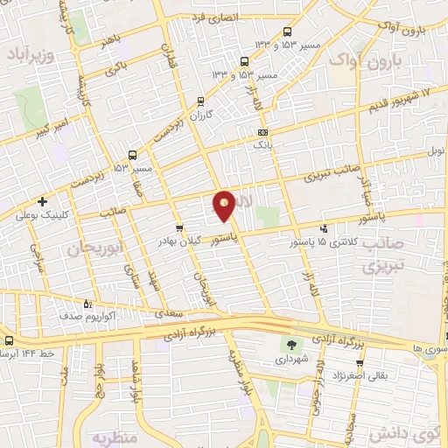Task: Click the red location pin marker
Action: pos(225,206)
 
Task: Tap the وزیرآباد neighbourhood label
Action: pos(31,54)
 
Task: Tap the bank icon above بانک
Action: pos(262,132)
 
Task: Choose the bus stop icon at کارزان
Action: pos(201,101)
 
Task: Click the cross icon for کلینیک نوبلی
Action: pos(42,202)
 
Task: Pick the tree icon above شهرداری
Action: pos(291,345)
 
